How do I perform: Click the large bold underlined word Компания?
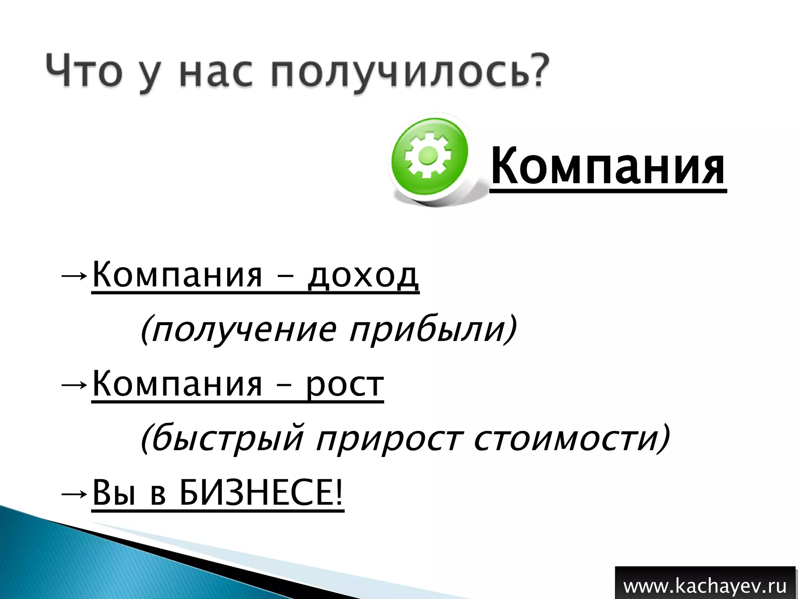click(608, 166)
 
